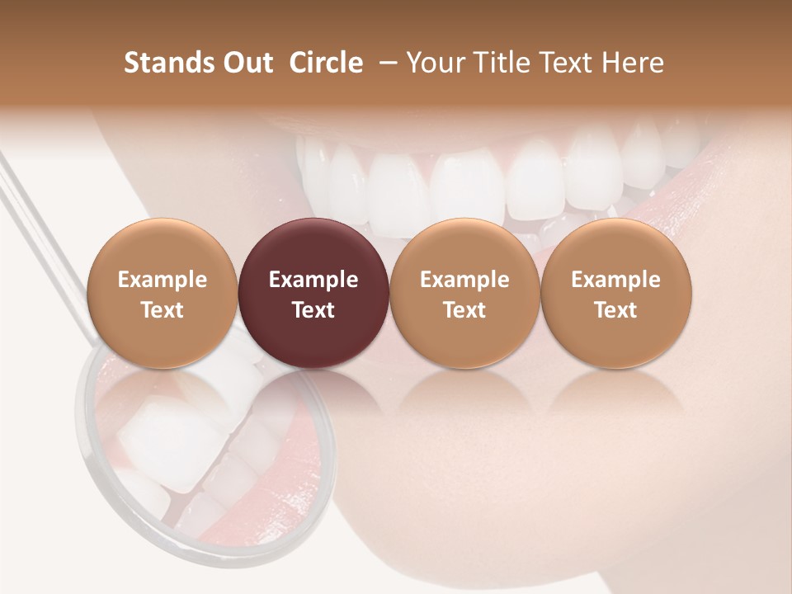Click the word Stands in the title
coord(169,63)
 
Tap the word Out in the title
coord(247,63)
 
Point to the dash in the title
coord(388,63)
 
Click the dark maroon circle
coord(313,293)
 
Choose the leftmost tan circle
coord(163,293)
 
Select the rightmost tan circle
coord(616,293)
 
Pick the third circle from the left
coord(464,293)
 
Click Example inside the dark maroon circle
coord(313,280)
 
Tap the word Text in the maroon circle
coord(313,310)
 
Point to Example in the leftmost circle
coord(163,280)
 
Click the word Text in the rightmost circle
coord(616,310)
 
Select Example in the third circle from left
coord(464,280)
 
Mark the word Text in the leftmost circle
coord(163,310)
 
